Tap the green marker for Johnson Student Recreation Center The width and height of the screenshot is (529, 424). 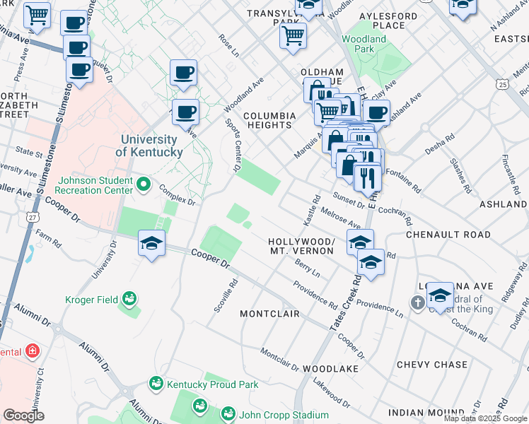tap(144, 184)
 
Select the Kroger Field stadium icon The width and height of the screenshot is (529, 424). tap(129, 300)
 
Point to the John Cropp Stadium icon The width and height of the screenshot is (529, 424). tap(228, 414)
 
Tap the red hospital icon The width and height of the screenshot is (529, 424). tap(32, 351)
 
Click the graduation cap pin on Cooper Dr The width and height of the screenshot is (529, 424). tap(151, 244)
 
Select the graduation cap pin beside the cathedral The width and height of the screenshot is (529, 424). tap(440, 295)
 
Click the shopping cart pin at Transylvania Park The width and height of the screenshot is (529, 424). tap(293, 34)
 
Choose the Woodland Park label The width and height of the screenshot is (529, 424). tap(364, 44)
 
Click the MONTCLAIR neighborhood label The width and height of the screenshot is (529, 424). tap(269, 313)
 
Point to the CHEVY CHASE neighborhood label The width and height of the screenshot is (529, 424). tap(431, 365)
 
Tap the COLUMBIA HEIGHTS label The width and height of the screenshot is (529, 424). tap(269, 120)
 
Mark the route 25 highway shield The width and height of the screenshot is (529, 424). tap(501, 84)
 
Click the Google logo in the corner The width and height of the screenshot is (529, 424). tap(23, 416)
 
